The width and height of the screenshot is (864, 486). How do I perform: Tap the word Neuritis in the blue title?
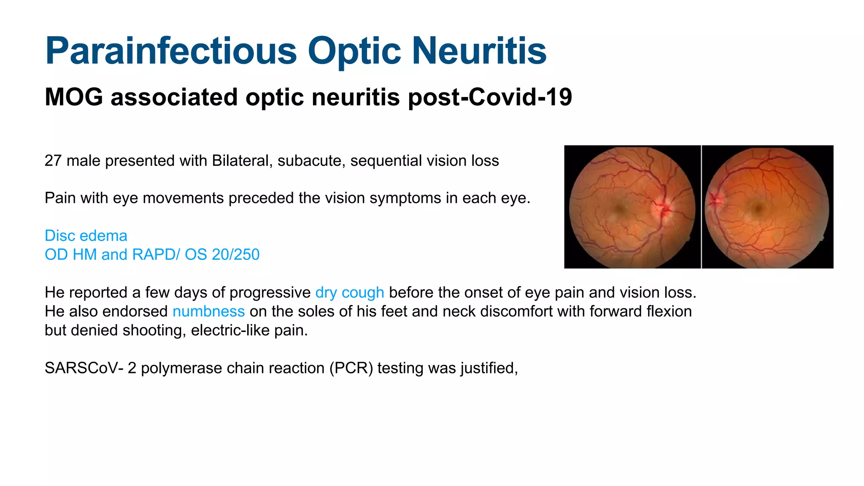point(479,51)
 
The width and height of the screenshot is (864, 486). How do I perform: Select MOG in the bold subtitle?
point(74,97)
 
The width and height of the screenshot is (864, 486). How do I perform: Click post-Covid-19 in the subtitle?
point(490,97)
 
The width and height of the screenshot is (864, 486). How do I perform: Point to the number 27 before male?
point(53,161)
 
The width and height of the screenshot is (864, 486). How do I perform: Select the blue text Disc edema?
point(86,236)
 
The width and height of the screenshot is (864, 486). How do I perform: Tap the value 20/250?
point(235,255)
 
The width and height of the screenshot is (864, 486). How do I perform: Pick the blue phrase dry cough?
point(350,293)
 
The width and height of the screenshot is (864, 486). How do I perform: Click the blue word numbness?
point(208,312)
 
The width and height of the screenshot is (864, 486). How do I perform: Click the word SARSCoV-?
point(84,368)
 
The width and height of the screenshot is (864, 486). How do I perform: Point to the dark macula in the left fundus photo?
point(620,208)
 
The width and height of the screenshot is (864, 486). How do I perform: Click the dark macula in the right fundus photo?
point(758,208)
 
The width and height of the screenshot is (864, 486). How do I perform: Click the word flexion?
point(669,312)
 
